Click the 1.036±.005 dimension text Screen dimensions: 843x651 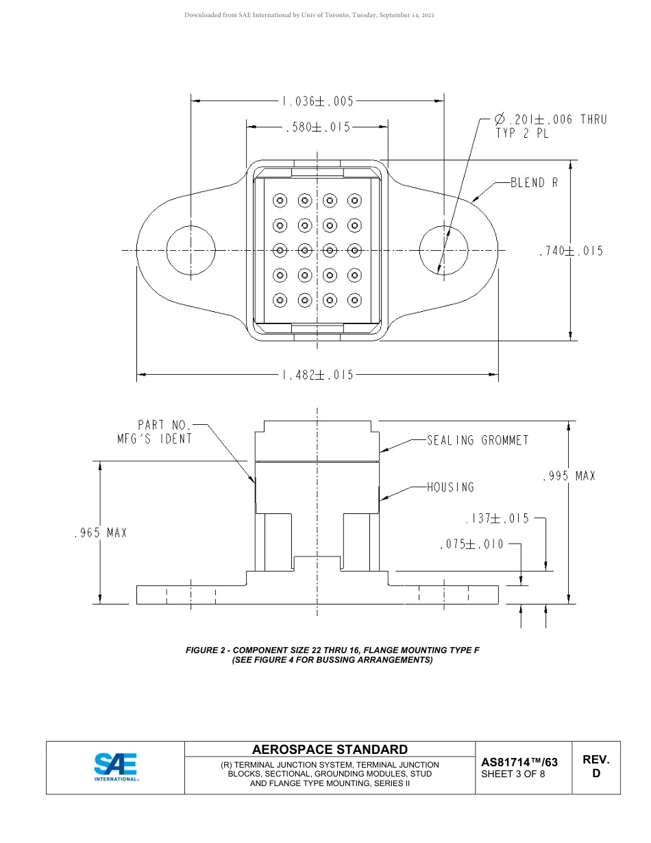pos(317,101)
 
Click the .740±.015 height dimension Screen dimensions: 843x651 pos(572,251)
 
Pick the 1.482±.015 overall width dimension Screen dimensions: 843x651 pos(317,375)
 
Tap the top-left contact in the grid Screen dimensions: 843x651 pos(280,201)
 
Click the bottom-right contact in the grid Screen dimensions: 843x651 pos(354,300)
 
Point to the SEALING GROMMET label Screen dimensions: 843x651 pos(478,440)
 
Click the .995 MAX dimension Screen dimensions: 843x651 pos(568,476)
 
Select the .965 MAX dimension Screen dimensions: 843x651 pos(101,533)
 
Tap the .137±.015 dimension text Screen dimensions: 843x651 pos(497,519)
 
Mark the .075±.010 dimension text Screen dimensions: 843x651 pos(471,544)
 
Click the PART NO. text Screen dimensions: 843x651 pos(162,425)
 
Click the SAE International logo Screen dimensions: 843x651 pos(116,768)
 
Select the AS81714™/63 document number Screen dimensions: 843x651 pos(519,762)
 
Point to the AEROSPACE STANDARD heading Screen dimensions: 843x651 pos(330,749)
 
